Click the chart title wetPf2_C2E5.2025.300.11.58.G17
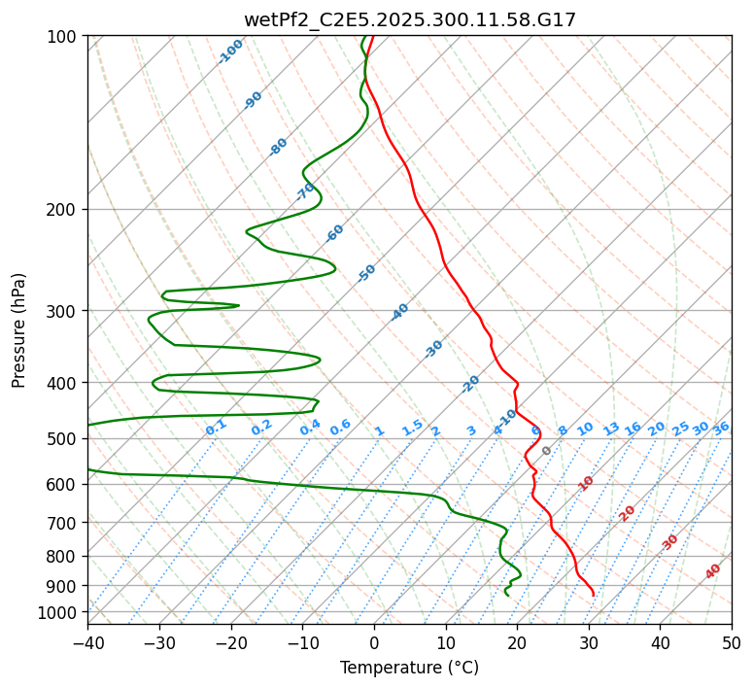(409, 19)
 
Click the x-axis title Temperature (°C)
(409, 669)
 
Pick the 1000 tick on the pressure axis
(61, 612)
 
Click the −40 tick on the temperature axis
(87, 642)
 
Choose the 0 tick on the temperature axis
(374, 642)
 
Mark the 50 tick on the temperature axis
(732, 642)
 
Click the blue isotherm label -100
(230, 52)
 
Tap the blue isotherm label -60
(335, 233)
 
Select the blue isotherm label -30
(433, 348)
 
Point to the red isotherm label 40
(713, 571)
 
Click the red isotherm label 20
(628, 512)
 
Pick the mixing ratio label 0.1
(216, 427)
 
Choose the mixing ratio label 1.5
(412, 427)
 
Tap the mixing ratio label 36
(721, 428)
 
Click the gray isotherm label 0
(547, 451)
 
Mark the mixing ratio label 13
(611, 429)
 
